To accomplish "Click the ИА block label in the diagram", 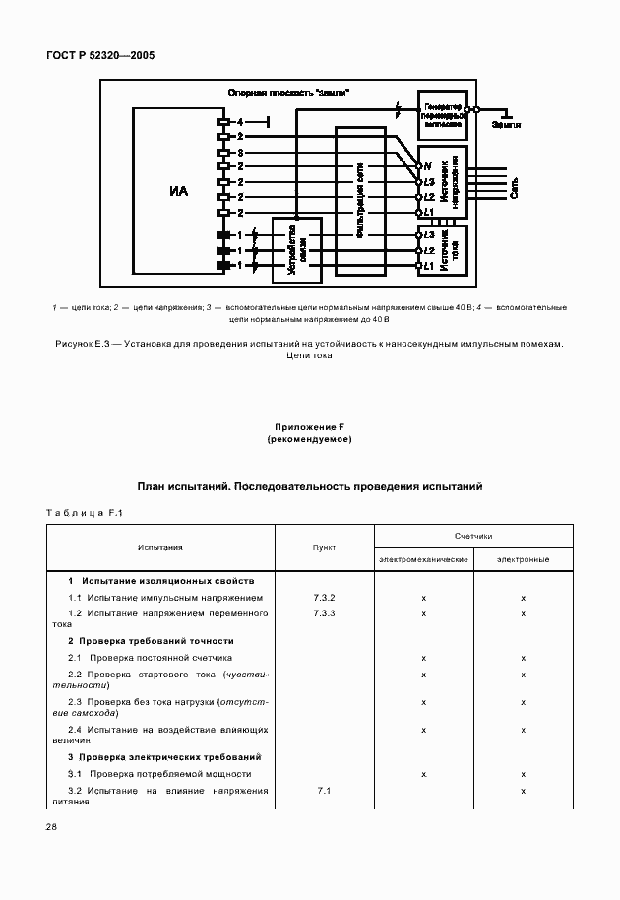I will [x=178, y=190].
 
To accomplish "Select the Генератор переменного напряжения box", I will [x=441, y=115].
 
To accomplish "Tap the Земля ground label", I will [x=507, y=125].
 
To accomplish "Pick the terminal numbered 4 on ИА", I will [x=238, y=121].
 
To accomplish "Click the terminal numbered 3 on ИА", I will [x=238, y=153].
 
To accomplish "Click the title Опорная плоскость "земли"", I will [x=289, y=92].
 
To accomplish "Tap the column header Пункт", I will [x=324, y=547].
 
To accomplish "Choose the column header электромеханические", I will [x=423, y=559].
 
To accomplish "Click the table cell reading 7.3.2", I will [x=324, y=598].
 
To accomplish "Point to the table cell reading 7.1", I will [x=324, y=791].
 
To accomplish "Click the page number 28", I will [x=51, y=827].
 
